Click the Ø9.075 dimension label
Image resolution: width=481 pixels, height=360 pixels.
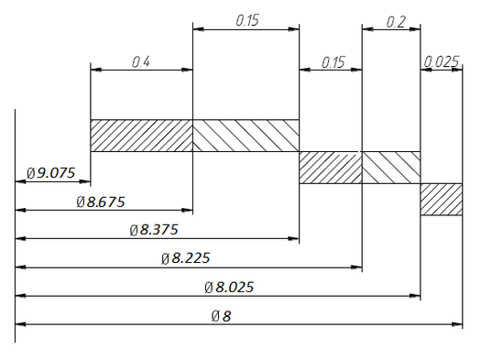coord(50,173)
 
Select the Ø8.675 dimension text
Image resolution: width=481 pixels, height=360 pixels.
coord(101,202)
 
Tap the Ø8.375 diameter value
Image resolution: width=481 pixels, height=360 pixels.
coord(154,230)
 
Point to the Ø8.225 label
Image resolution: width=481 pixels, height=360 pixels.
coord(186,258)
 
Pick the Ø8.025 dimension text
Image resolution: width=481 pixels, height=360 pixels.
coord(229,288)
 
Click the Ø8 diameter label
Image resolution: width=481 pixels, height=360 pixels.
coord(221,316)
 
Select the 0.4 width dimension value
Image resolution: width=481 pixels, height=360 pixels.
coord(141,62)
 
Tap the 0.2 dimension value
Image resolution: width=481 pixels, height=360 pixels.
coord(396,22)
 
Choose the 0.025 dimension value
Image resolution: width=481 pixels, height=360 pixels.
coord(442,62)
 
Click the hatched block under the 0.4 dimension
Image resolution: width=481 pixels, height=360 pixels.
coord(141,136)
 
